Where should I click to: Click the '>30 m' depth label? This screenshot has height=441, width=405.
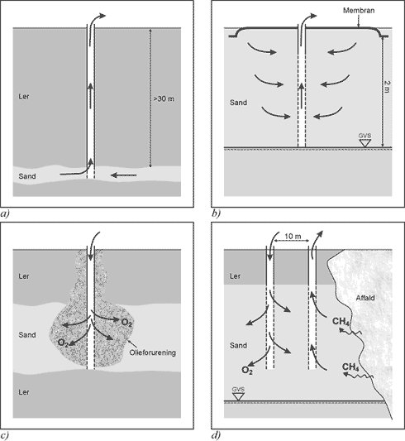[164, 99]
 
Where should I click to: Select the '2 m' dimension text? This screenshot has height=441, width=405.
[387, 87]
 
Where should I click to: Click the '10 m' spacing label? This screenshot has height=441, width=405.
[293, 237]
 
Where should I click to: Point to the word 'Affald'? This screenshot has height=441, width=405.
[365, 298]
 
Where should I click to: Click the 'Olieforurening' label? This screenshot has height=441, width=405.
[153, 352]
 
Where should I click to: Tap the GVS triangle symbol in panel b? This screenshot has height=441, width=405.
[364, 143]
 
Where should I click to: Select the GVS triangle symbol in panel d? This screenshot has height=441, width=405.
[238, 397]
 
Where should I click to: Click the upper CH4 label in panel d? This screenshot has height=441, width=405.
[341, 321]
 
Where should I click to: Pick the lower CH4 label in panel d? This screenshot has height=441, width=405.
[350, 367]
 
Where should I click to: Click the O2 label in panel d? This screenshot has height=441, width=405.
[247, 370]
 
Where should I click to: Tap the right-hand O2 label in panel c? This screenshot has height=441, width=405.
[126, 323]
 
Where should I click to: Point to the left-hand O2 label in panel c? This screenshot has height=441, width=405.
[63, 343]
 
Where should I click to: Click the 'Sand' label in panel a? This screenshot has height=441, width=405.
[27, 176]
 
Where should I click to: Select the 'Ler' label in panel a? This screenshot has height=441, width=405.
[24, 97]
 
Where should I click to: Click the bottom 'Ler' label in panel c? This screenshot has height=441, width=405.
[24, 392]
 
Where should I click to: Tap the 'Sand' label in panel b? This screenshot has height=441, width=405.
[238, 103]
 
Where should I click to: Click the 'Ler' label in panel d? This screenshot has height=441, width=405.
[235, 276]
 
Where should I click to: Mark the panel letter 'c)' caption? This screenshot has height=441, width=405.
[5, 435]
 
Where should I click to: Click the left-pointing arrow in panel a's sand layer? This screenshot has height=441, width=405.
[124, 175]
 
